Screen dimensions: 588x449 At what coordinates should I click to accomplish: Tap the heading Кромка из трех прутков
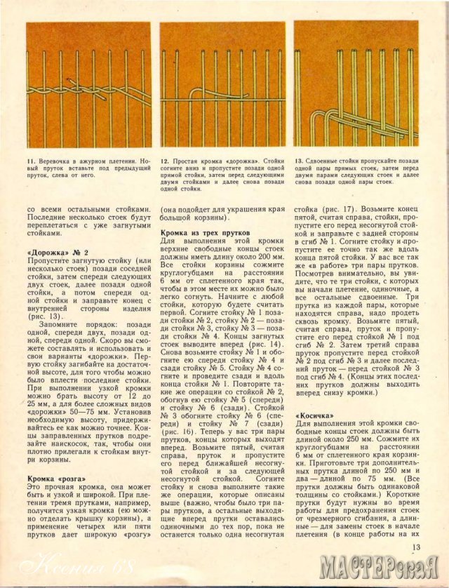coord(201,232)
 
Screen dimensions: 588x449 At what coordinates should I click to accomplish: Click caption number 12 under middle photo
coord(165,161)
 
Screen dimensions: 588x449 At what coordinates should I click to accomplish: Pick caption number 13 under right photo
coord(298,161)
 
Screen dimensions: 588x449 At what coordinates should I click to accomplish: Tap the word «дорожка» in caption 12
coord(237,161)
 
